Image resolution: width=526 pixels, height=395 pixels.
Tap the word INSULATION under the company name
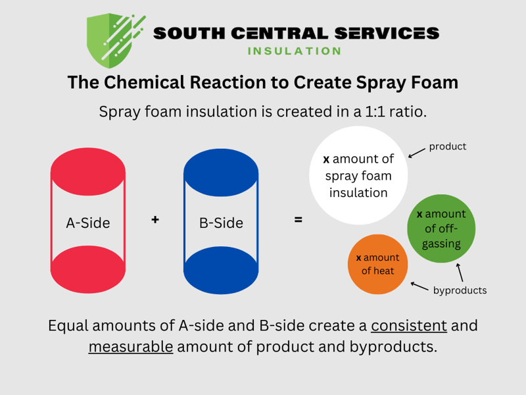(295, 51)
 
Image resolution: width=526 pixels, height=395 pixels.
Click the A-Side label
(88, 223)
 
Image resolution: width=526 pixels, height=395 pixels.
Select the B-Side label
(221, 223)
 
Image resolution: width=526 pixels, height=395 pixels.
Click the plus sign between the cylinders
(155, 219)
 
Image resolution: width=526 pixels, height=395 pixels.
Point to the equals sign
(299, 220)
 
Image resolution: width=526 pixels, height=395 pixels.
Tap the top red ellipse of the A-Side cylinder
(88, 172)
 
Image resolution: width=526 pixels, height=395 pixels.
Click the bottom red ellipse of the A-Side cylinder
(88, 269)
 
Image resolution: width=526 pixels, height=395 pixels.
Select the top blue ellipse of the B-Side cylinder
(221, 172)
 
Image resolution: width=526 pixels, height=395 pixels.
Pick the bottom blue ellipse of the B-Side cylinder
(221, 269)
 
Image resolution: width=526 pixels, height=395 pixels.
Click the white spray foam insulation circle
(358, 176)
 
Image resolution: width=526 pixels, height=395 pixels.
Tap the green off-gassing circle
(441, 228)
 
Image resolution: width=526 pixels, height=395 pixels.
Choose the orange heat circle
(377, 264)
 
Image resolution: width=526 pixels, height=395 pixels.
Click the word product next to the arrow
(448, 146)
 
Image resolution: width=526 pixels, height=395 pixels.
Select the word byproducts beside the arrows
(460, 290)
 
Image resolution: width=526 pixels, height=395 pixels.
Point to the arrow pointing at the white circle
(416, 153)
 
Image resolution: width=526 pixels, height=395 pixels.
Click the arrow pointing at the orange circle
(419, 286)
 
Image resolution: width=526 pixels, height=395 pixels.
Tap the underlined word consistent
(409, 325)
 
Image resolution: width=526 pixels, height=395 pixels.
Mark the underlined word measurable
(131, 346)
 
